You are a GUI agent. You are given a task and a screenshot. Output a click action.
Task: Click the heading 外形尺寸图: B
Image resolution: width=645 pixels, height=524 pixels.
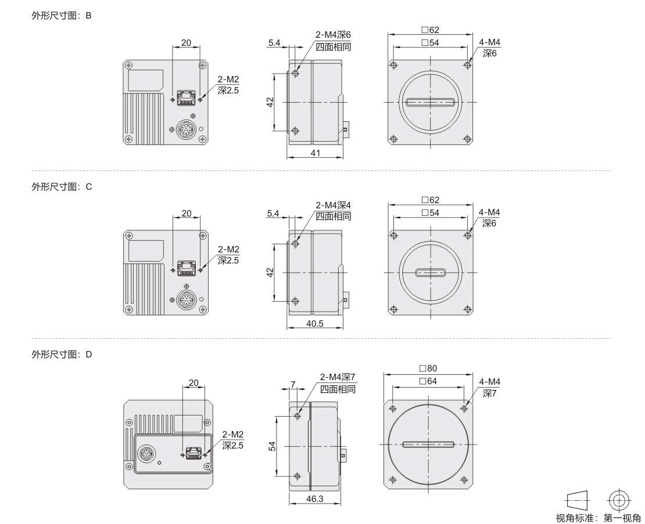62,16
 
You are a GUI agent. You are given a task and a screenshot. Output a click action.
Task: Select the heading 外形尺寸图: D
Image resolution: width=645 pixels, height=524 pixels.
62,355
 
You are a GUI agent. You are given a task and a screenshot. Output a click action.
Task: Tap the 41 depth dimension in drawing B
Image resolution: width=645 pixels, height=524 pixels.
315,153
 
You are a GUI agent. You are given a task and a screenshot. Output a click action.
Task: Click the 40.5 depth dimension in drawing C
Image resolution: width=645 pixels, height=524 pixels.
315,324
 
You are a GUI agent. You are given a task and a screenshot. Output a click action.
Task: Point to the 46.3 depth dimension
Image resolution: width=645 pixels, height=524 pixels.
315,498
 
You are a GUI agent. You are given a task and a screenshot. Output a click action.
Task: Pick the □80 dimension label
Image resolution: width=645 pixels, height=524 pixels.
428,368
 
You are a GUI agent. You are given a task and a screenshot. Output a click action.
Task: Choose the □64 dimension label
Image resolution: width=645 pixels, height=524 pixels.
428,381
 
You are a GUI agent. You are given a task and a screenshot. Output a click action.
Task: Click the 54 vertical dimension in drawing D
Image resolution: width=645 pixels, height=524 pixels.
272,446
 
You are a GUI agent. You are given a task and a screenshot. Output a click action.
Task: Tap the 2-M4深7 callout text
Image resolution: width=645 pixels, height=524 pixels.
338,377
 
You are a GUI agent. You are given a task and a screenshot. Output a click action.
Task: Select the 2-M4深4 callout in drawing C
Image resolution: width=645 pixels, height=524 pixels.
333,205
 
